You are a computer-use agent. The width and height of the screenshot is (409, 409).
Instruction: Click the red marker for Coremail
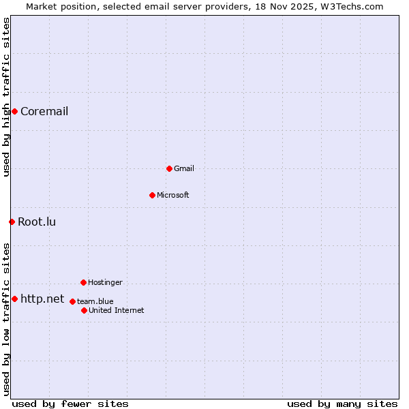(x=14, y=111)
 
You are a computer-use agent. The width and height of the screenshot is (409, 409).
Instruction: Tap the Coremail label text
(x=44, y=112)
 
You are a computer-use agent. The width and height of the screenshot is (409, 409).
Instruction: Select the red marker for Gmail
(x=169, y=168)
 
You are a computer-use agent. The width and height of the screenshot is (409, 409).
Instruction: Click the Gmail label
(x=184, y=169)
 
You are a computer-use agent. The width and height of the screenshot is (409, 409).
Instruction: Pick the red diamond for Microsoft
(x=152, y=195)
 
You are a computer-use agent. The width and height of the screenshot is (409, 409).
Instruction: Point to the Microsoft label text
(x=172, y=196)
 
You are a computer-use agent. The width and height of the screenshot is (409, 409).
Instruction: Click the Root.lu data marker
(x=12, y=222)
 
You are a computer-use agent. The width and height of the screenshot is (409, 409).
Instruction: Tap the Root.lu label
(x=37, y=222)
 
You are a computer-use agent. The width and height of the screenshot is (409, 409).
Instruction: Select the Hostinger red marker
(x=83, y=282)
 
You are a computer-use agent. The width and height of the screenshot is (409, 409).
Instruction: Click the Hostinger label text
(x=105, y=283)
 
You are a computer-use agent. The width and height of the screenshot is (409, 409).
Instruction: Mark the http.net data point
(x=14, y=299)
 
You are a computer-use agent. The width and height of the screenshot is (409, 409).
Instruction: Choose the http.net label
(x=42, y=299)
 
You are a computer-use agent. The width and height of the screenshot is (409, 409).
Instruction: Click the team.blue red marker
(x=72, y=301)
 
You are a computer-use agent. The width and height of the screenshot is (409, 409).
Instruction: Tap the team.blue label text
(x=95, y=302)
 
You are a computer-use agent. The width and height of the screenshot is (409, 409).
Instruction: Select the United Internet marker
(x=84, y=310)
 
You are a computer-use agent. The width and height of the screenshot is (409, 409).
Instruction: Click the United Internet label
(x=116, y=311)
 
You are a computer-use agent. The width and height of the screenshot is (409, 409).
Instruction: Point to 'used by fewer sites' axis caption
(x=70, y=404)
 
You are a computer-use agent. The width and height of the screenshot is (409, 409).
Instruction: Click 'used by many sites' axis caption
(x=342, y=404)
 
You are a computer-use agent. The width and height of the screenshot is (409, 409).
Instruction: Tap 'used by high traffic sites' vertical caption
(x=6, y=97)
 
